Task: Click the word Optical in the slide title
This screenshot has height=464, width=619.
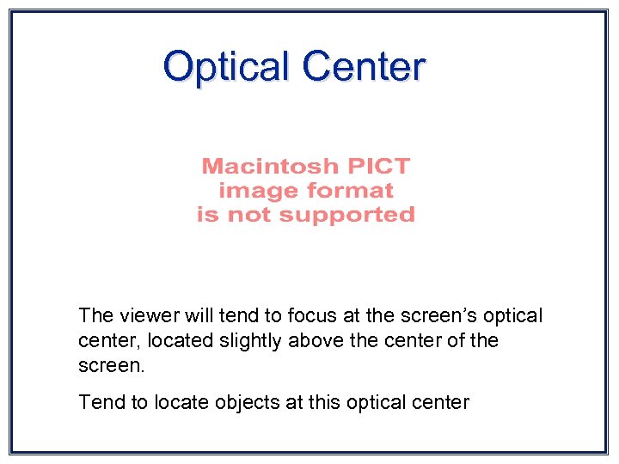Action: [x=226, y=66]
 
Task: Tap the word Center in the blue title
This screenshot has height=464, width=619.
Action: [x=364, y=66]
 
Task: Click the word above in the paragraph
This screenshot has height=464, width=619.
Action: [x=314, y=340]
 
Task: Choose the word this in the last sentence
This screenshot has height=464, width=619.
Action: [x=323, y=401]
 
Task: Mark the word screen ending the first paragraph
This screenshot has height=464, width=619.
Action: [x=110, y=365]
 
